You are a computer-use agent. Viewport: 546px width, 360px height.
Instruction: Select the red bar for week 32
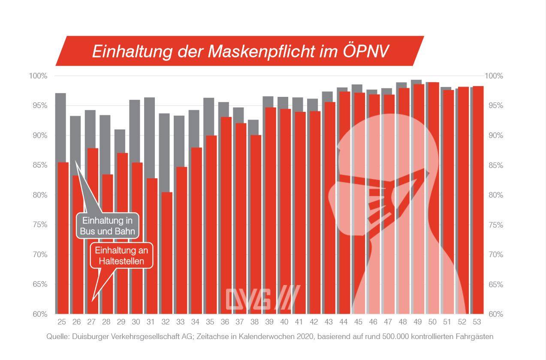coord(167,253)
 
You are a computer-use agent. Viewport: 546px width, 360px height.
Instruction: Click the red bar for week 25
coord(63,238)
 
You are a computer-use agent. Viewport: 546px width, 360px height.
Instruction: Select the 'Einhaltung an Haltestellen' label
coord(121,256)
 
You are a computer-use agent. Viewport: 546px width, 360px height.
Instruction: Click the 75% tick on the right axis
coord(494,225)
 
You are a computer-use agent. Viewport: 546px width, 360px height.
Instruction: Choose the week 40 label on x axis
coord(284,322)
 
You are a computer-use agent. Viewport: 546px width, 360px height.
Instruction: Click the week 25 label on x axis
coord(61,322)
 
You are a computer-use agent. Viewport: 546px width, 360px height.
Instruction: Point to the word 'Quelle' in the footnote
coord(57,337)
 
